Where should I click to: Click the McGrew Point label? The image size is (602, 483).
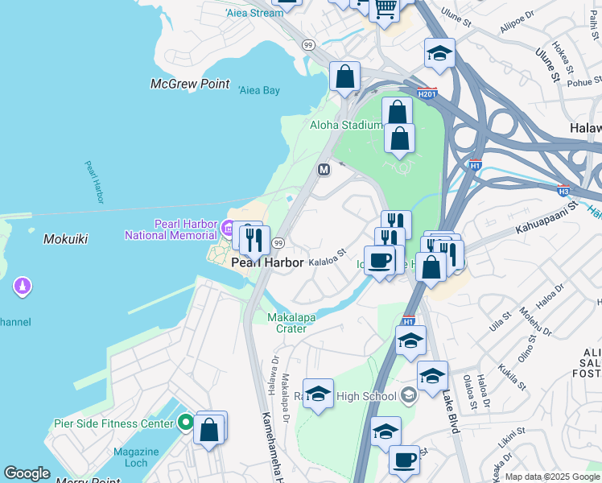pyautogui.click(x=190, y=85)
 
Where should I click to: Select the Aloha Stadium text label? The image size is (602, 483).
pyautogui.click(x=346, y=125)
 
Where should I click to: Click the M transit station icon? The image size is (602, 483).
pyautogui.click(x=324, y=170)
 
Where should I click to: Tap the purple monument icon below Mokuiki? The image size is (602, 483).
pyautogui.click(x=23, y=286)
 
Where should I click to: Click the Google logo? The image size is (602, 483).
pyautogui.click(x=27, y=473)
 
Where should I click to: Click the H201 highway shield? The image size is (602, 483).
pyautogui.click(x=427, y=93)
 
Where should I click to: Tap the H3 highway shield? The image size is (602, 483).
pyautogui.click(x=564, y=190)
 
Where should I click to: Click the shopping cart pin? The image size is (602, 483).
pyautogui.click(x=385, y=8)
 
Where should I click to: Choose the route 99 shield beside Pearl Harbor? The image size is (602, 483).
pyautogui.click(x=278, y=243)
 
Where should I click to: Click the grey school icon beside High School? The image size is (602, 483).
pyautogui.click(x=410, y=394)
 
